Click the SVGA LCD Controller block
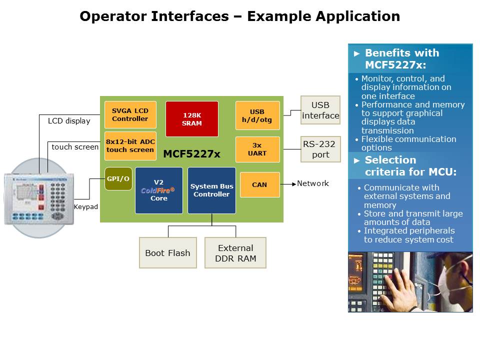pos(130,115)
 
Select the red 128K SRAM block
pos(192,119)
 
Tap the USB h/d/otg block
pos(257,115)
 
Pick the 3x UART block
pos(257,149)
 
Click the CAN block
pos(259,184)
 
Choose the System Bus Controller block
pos(211,190)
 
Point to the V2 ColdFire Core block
pos(158,190)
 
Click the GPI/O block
pos(118,179)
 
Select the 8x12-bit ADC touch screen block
pos(130,146)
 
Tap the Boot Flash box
pos(167,253)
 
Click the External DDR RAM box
pos(235,253)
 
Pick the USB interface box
pos(320,110)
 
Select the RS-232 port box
pos(320,149)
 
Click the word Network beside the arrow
pos(313,183)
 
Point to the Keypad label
pos(86,206)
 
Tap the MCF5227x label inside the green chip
pos(191,154)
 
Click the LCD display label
pos(69,120)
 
